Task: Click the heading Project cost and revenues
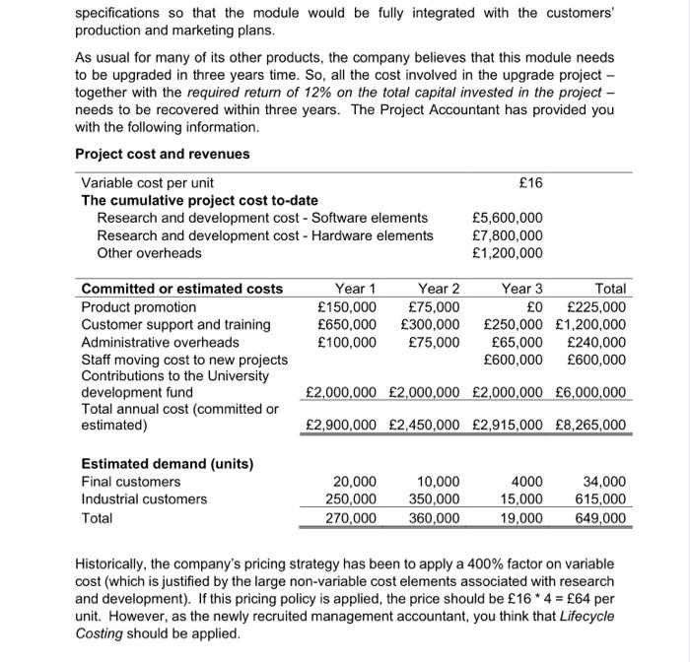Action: point(163,154)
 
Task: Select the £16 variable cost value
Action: point(529,182)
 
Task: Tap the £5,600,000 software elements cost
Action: point(508,218)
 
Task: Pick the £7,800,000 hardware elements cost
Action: point(508,235)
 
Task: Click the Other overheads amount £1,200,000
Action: point(508,253)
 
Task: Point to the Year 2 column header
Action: point(439,289)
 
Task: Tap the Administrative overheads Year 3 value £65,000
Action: point(517,342)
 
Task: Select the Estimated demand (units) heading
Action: point(167,463)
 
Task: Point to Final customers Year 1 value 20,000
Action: point(355,482)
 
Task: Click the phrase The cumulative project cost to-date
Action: point(199,200)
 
